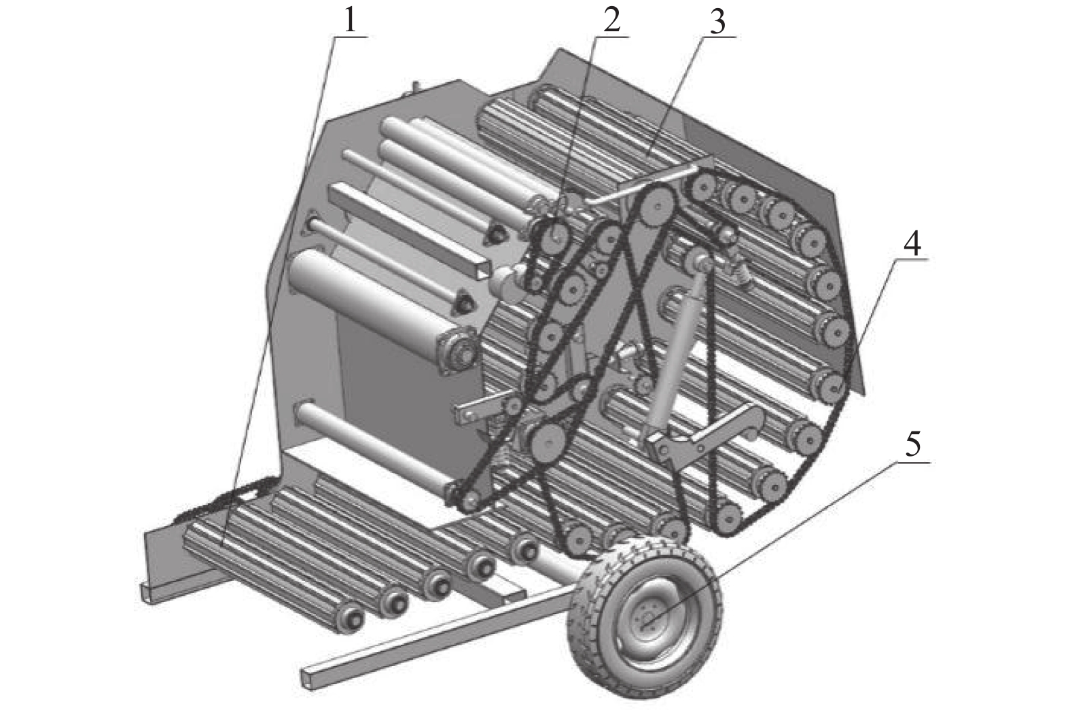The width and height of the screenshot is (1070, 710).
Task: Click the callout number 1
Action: point(350,21)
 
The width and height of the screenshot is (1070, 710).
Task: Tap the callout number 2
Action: point(612,20)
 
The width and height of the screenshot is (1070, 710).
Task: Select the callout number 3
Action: point(717,21)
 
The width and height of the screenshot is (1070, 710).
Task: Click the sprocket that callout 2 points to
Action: point(556,234)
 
